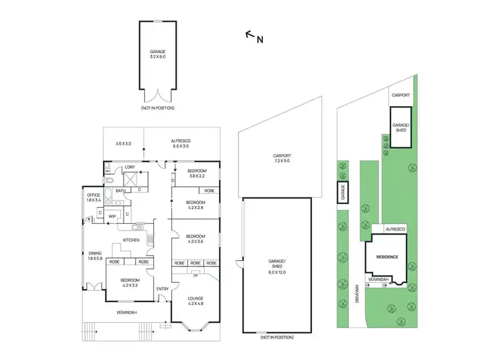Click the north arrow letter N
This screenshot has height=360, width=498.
point(260,39)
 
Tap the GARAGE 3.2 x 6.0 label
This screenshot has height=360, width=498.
point(159,54)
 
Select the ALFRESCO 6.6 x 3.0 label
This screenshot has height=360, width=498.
point(181,144)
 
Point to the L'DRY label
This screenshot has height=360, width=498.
point(129,167)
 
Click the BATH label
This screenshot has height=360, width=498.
point(120,191)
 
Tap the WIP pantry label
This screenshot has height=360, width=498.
point(112,216)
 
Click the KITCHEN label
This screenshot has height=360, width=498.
point(129,240)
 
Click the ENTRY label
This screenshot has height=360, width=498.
point(162,289)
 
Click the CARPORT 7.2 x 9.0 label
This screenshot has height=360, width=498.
point(282,158)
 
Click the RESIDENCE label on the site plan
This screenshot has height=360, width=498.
point(388,256)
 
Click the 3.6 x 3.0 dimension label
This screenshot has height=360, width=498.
point(124,143)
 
